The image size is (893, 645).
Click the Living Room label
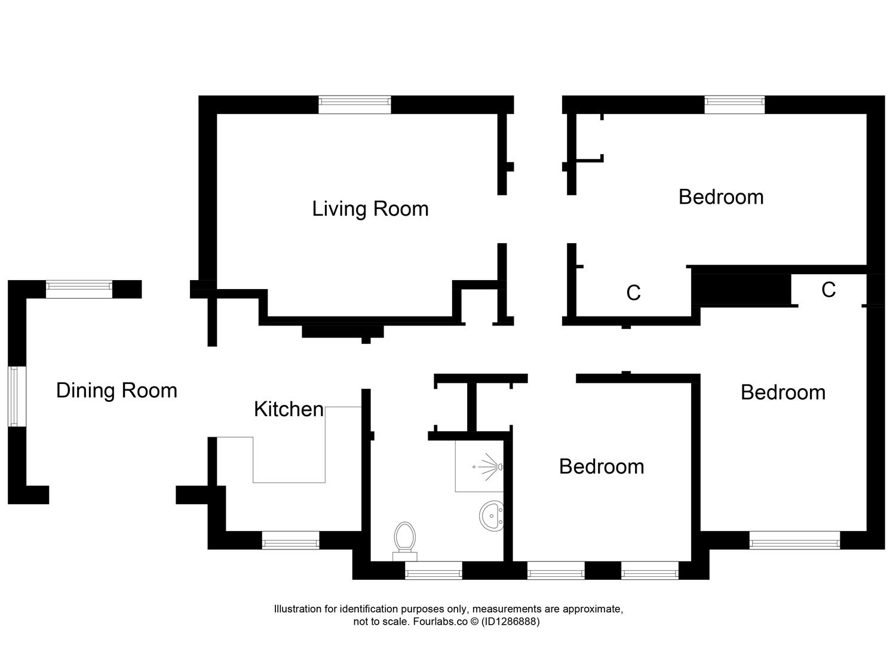click(x=370, y=209)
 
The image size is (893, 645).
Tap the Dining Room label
click(x=116, y=391)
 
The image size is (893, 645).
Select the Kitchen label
click(x=289, y=410)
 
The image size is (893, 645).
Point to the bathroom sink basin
click(x=492, y=515)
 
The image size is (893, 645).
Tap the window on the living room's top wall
click(x=354, y=105)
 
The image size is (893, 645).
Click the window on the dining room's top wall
click(x=79, y=290)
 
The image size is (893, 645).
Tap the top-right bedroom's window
click(x=734, y=105)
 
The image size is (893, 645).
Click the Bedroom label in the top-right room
click(x=721, y=197)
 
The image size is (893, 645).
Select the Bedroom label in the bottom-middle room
click(x=602, y=466)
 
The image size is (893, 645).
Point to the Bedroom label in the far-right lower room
click(x=783, y=392)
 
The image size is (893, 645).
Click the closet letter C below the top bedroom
click(x=633, y=293)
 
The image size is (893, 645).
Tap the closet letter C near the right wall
click(x=828, y=290)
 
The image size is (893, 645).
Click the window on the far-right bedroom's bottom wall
click(x=794, y=541)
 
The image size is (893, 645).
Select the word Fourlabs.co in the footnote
click(x=438, y=622)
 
